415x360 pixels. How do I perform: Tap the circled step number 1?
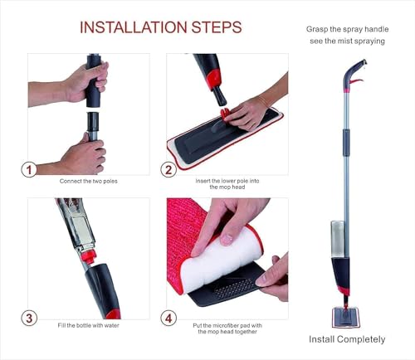30,169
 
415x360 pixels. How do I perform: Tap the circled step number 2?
169,169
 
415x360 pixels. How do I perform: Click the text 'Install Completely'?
347,339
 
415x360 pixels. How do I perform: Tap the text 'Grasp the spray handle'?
346,29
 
